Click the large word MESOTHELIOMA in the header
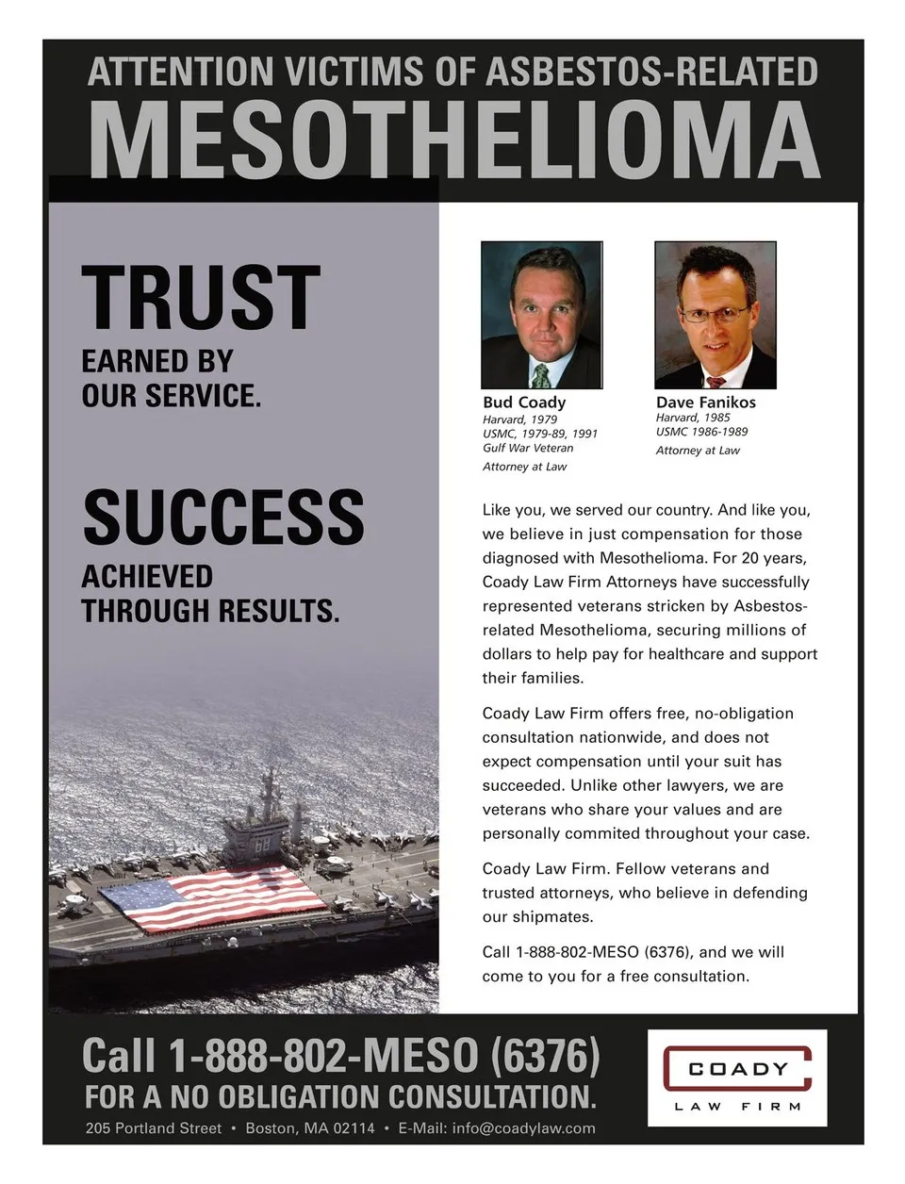(453, 140)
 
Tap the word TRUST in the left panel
(201, 297)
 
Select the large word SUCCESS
(223, 517)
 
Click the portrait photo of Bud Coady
(541, 315)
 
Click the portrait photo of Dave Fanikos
(715, 315)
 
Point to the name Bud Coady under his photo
(524, 403)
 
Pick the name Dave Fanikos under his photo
(705, 403)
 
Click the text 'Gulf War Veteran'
(528, 448)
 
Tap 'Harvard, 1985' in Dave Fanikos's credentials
(693, 418)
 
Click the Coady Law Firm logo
(736, 1077)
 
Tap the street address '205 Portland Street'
(154, 1128)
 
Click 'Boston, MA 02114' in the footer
(310, 1128)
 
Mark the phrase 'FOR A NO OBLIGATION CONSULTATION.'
(340, 1097)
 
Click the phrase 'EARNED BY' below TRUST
(156, 361)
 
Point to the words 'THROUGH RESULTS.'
(209, 611)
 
